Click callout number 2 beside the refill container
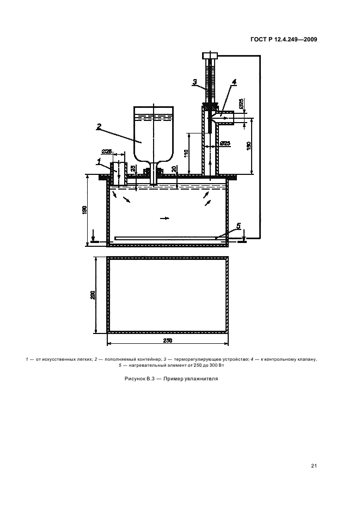pos(99,126)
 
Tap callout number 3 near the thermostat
pos(194,83)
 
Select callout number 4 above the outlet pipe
pos(234,82)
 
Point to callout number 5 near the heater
pos(238,225)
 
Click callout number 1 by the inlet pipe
pos(99,161)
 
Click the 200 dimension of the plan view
pos(93,295)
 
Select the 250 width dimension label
pos(167,341)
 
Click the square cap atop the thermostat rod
pos(209,56)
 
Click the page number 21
pos(314,465)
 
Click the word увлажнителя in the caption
pos(200,379)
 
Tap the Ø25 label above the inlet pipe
pos(107,152)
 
